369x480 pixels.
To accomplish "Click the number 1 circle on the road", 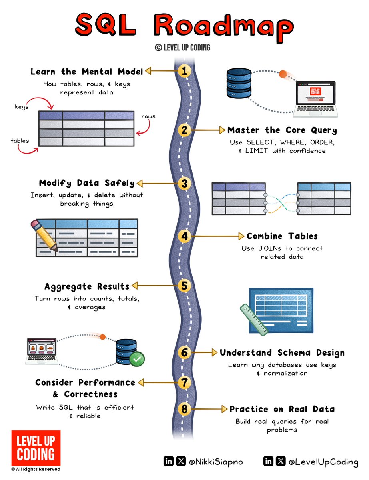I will pos(184,71).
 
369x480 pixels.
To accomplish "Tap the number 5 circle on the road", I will pos(184,286).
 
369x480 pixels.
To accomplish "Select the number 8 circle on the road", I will pos(184,409).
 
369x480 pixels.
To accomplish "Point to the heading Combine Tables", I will pos(282,236).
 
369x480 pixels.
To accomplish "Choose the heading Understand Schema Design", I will pos(282,353).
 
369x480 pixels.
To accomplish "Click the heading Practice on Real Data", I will pos(282,409).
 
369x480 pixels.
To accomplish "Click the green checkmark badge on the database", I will pos(137,360).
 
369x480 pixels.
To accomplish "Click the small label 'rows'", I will pos(148,116).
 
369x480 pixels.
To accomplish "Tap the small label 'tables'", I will pos(20,141).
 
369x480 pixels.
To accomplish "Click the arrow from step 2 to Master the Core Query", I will pos(207,130).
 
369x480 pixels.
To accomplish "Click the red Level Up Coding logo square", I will pos(36,448).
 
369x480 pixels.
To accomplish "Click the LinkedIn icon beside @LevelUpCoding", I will pos(269,462).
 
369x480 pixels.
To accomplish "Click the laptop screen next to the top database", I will pos(318,96).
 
